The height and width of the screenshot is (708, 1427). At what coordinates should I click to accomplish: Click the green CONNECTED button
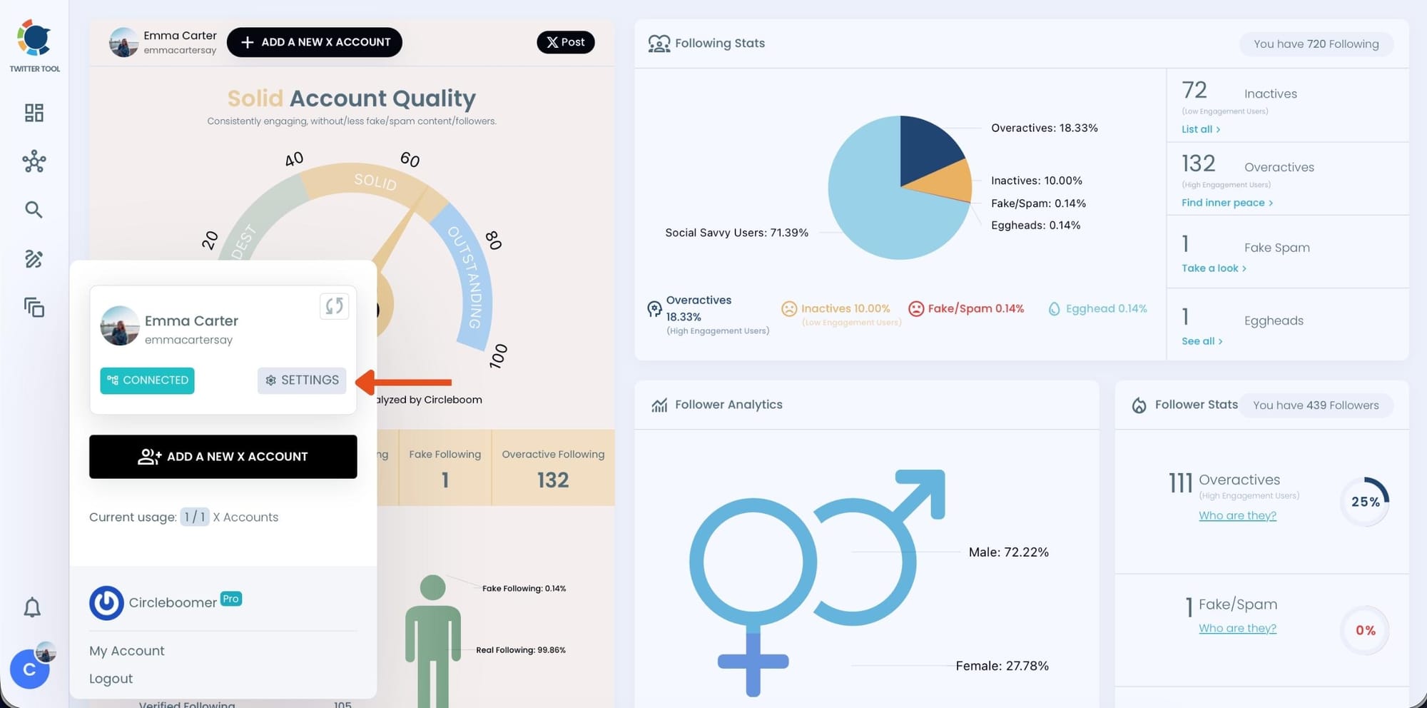tap(147, 380)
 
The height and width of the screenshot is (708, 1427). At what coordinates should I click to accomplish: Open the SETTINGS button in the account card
tap(302, 380)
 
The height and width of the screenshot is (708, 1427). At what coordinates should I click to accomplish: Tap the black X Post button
tap(565, 42)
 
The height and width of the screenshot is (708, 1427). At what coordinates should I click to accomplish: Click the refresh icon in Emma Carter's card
tap(334, 306)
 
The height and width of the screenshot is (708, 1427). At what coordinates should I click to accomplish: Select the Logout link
tap(111, 679)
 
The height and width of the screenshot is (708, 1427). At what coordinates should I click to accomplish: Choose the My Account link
tap(126, 651)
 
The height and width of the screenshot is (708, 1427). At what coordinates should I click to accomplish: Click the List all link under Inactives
tap(1200, 129)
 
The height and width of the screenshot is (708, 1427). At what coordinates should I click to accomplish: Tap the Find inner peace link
tap(1227, 203)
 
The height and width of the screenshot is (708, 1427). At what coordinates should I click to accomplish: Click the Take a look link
tap(1213, 268)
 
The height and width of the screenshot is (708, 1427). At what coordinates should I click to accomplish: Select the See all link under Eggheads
tap(1202, 341)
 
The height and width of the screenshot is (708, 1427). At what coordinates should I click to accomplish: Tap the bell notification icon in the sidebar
tap(32, 607)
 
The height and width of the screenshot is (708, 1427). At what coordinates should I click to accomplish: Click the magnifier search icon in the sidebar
tap(34, 210)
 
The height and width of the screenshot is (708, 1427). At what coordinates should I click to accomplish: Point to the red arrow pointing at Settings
tap(404, 382)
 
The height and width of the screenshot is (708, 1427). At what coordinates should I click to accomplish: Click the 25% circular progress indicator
tap(1364, 502)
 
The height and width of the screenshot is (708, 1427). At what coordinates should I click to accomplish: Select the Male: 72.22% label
tap(1008, 552)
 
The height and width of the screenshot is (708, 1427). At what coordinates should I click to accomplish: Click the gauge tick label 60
tap(410, 159)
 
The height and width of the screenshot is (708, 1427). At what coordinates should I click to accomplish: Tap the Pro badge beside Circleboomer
tap(230, 599)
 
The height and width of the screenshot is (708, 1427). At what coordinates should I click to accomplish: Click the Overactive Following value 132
tap(553, 480)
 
